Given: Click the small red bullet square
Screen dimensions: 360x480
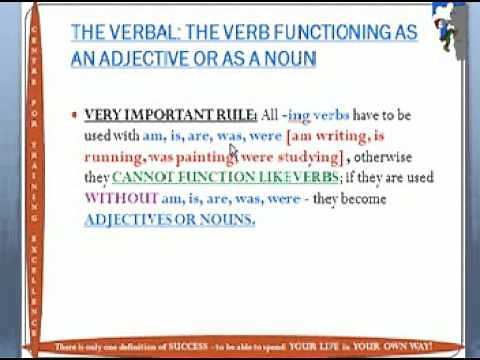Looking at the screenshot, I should [75, 115].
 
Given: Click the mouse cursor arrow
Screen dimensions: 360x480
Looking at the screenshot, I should [234, 151].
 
